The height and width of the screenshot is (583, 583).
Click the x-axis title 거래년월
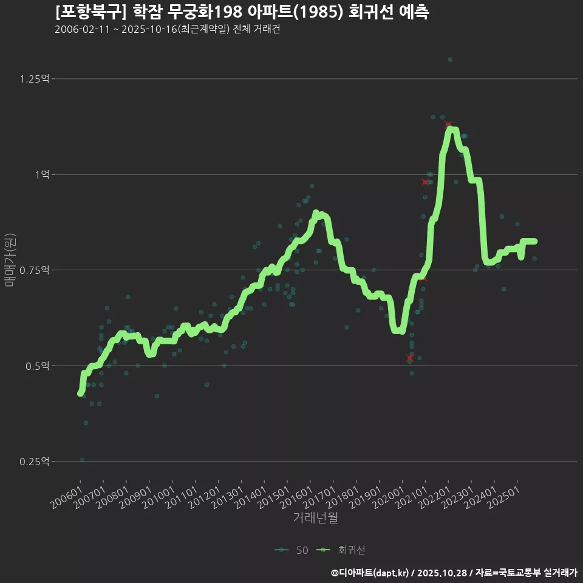click(x=315, y=518)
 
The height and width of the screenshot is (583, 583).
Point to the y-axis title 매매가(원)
click(x=10, y=260)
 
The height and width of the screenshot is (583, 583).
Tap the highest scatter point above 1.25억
click(x=450, y=60)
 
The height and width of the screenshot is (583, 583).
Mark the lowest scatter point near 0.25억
click(x=82, y=460)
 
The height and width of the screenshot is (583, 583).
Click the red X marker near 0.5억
click(x=410, y=358)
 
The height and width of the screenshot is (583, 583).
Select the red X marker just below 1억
click(x=425, y=182)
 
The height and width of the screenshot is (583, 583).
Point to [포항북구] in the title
click(x=90, y=12)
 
